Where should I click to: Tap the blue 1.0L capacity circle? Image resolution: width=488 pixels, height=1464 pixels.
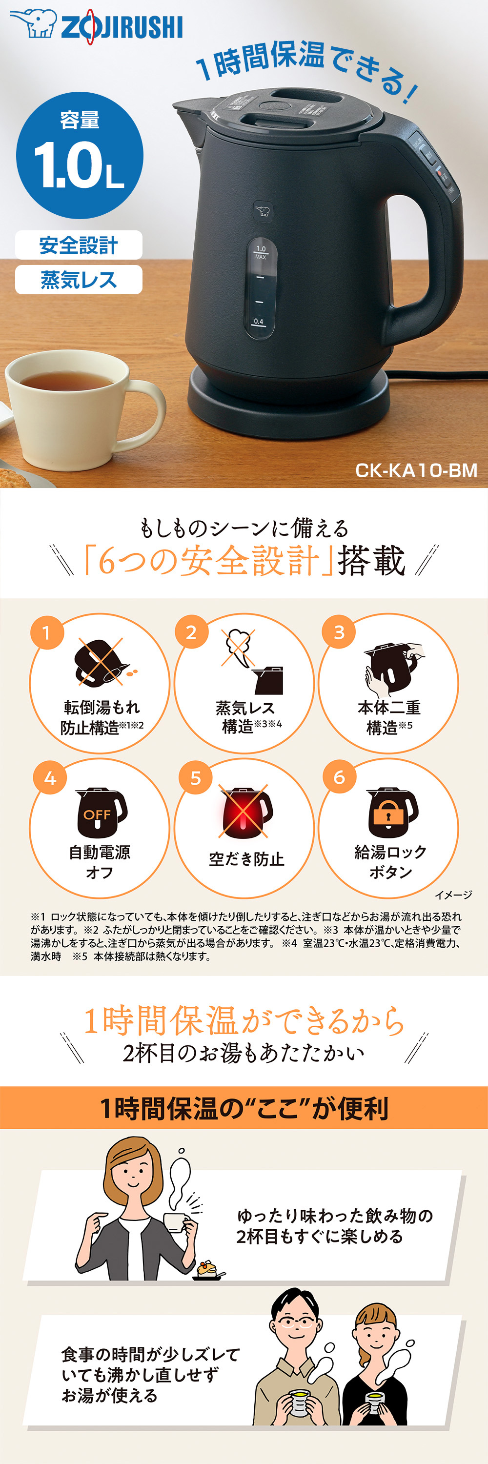coord(79,155)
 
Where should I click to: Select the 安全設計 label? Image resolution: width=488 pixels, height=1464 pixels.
coord(79,245)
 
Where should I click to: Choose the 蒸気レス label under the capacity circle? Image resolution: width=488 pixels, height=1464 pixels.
coord(79,280)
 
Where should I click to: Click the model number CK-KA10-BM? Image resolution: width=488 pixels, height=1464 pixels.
coord(416,470)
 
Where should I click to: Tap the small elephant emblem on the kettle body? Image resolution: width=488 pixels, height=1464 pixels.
coord(262,211)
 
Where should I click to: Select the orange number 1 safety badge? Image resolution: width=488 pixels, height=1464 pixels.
coord(46,632)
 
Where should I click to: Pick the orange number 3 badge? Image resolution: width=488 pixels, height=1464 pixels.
coord(339,632)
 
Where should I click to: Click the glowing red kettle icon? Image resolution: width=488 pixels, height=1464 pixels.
coord(245,812)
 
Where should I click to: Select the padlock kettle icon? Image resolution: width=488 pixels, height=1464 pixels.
coord(390,812)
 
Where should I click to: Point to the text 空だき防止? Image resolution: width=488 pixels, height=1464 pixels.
coord(246,858)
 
